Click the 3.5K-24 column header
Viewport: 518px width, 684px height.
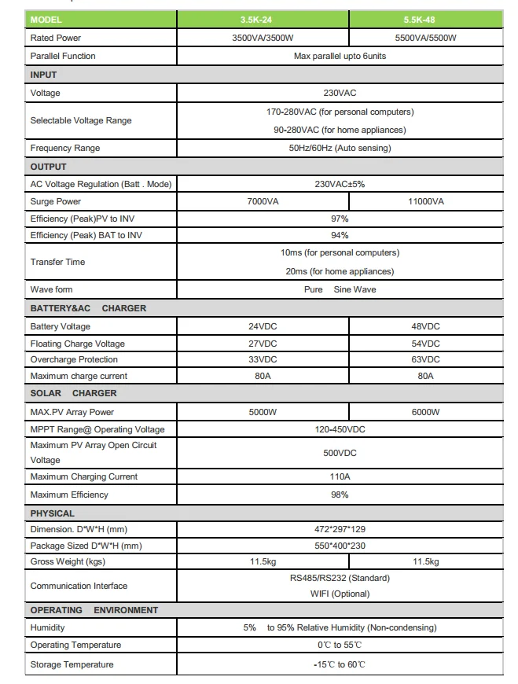[x=263, y=20]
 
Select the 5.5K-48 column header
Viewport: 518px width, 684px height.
[x=425, y=20]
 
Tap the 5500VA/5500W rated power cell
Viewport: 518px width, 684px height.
[x=425, y=38]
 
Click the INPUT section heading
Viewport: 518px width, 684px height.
[x=44, y=75]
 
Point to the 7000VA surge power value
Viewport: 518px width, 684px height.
[x=263, y=201]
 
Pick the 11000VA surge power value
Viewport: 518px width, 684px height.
[x=425, y=201]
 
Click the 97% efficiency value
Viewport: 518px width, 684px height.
[x=340, y=219]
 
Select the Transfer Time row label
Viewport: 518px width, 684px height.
[x=57, y=262]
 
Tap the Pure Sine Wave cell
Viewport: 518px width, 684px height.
[x=340, y=289]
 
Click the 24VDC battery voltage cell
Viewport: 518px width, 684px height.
[x=263, y=326]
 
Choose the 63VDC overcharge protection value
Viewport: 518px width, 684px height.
[x=425, y=359]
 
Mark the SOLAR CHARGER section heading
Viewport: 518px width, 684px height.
[x=73, y=393]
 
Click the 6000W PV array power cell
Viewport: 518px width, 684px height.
[x=425, y=412]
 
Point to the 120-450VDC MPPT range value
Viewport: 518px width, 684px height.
[x=340, y=429]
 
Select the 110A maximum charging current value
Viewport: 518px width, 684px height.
[x=340, y=476]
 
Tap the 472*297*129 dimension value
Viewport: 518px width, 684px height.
[x=340, y=530]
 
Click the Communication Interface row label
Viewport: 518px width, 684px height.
[x=79, y=586]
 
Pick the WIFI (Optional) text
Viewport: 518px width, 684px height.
[x=340, y=594]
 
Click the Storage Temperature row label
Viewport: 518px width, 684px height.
[x=72, y=664]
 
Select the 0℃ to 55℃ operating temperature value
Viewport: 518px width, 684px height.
[x=340, y=645]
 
